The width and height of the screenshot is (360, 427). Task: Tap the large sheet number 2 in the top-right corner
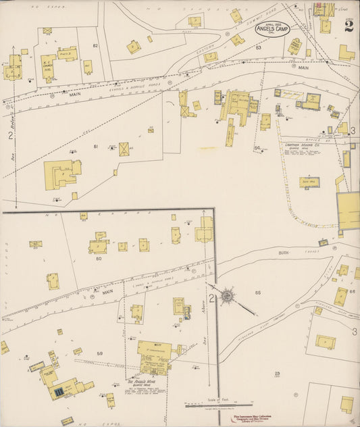(x=348, y=26)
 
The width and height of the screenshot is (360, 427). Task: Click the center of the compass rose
(x=228, y=296)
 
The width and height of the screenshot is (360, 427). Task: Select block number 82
(x=96, y=45)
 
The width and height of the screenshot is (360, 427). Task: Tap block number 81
(x=96, y=147)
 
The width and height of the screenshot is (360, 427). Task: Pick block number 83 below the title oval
(x=258, y=48)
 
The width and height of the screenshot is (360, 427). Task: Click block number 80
(x=99, y=258)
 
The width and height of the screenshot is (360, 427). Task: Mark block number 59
(x=100, y=353)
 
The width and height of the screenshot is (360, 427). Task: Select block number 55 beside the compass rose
(x=257, y=292)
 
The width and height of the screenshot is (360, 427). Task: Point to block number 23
(x=277, y=373)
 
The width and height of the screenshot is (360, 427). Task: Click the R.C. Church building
(x=48, y=66)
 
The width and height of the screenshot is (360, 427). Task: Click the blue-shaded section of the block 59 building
(x=59, y=391)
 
